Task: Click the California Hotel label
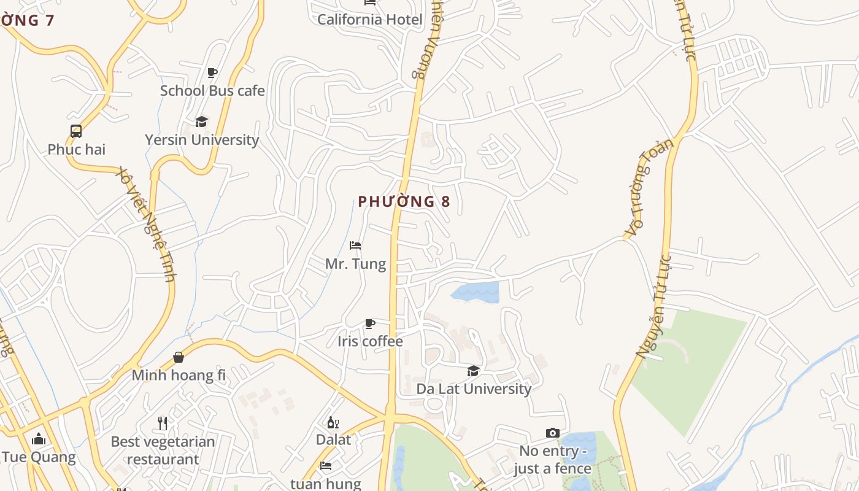369,20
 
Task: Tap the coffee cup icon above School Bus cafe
212,73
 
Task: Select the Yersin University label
202,140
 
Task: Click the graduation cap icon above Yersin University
201,122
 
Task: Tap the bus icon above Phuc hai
76,131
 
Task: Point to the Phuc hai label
77,149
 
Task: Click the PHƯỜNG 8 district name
404,202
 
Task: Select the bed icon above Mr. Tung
355,245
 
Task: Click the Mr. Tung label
355,264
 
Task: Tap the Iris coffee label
370,341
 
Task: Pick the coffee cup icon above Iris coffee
370,323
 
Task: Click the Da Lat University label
474,389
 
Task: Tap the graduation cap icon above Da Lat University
473,371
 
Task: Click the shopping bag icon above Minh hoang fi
179,357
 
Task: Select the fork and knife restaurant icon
163,423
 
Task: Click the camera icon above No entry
552,433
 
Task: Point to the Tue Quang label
39,457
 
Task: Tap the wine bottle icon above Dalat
333,422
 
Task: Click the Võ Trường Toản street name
649,188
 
